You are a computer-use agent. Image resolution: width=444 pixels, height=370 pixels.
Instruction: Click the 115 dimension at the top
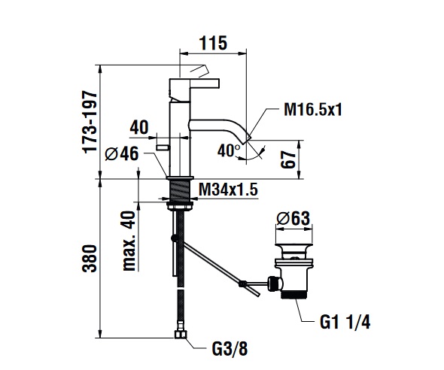pyautogui.click(x=213, y=44)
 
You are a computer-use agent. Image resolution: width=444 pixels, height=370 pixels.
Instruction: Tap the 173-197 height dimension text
pyautogui.click(x=90, y=122)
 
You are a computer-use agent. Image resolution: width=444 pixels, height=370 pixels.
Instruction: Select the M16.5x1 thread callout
pyautogui.click(x=313, y=109)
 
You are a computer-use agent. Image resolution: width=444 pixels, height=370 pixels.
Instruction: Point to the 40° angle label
pyautogui.click(x=229, y=150)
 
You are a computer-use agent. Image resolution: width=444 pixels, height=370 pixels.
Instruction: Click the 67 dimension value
pyautogui.click(x=289, y=159)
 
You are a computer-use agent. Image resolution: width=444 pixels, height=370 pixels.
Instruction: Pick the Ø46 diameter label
pyautogui.click(x=122, y=153)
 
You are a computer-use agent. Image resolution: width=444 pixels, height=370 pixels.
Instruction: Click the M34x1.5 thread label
pyautogui.click(x=228, y=190)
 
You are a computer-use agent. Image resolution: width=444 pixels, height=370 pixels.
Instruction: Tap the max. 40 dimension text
pyautogui.click(x=129, y=241)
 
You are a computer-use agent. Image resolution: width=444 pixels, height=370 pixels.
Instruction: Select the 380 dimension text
pyautogui.click(x=90, y=258)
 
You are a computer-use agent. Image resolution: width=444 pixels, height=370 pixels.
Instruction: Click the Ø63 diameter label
pyautogui.click(x=293, y=218)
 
